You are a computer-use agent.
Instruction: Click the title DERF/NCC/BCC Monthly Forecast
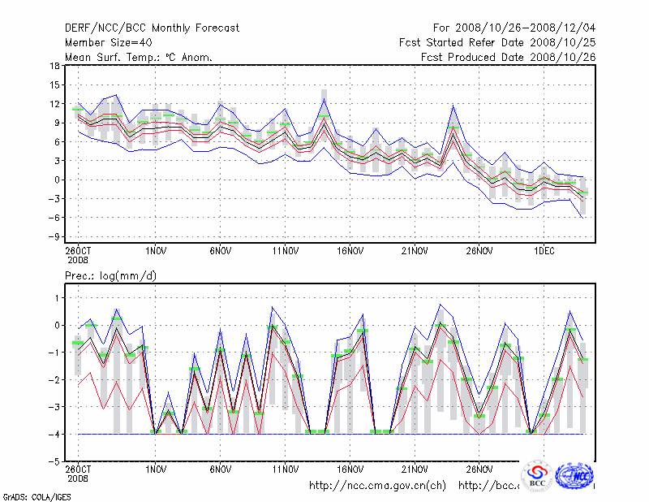[x=152, y=28]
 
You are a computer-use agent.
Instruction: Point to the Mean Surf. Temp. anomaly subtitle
[x=139, y=58]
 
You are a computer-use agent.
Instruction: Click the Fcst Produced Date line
[x=507, y=58]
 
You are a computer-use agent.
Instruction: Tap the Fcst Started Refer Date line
[x=496, y=43]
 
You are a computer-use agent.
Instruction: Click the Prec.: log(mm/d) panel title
[x=112, y=277]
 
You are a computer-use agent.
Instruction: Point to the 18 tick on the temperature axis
[x=54, y=67]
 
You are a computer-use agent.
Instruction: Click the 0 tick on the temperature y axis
[x=57, y=180]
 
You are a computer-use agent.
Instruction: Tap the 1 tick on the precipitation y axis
[x=57, y=299]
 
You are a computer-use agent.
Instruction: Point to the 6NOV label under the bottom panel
[x=221, y=470]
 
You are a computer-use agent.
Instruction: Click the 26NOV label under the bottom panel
[x=479, y=470]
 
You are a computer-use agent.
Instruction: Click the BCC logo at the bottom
[x=537, y=476]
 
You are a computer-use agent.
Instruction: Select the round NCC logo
[x=576, y=474]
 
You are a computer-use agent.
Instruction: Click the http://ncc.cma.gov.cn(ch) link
[x=377, y=486]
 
